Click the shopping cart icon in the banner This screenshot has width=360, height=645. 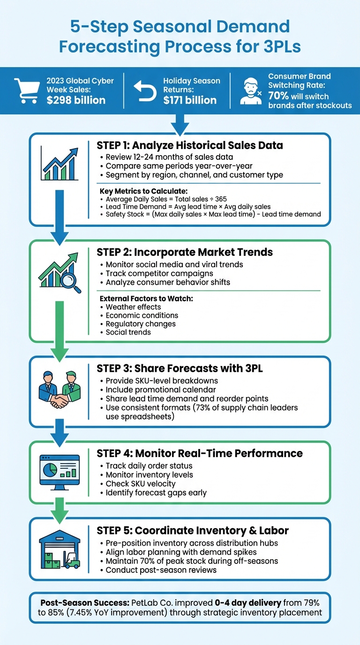(27, 90)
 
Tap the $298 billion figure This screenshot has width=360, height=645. (76, 100)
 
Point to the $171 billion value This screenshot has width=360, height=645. (190, 100)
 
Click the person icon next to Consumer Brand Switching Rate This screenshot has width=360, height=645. (251, 90)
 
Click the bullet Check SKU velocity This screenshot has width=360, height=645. (141, 483)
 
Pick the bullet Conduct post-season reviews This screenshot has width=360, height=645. (161, 570)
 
